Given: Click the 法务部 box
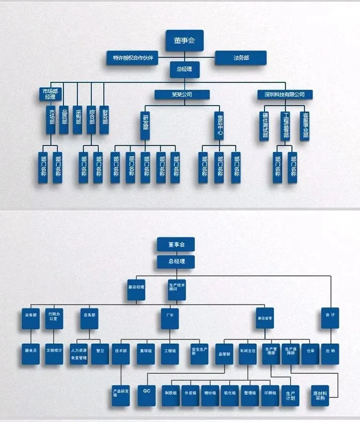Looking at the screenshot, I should click(241, 58).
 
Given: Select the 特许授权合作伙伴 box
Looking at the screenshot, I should click(133, 58).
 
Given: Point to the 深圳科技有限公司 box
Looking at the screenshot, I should click(285, 94).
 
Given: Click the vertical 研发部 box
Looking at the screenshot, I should click(145, 125).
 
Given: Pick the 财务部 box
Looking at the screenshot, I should click(105, 118).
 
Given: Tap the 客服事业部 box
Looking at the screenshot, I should click(304, 125).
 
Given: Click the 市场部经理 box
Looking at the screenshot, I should click(50, 93).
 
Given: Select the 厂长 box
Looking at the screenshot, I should click(170, 318).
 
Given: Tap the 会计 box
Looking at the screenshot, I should click(330, 318).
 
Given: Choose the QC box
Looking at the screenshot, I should click(147, 394).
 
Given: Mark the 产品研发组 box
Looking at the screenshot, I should click(120, 394).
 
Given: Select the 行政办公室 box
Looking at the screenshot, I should click(54, 318).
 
